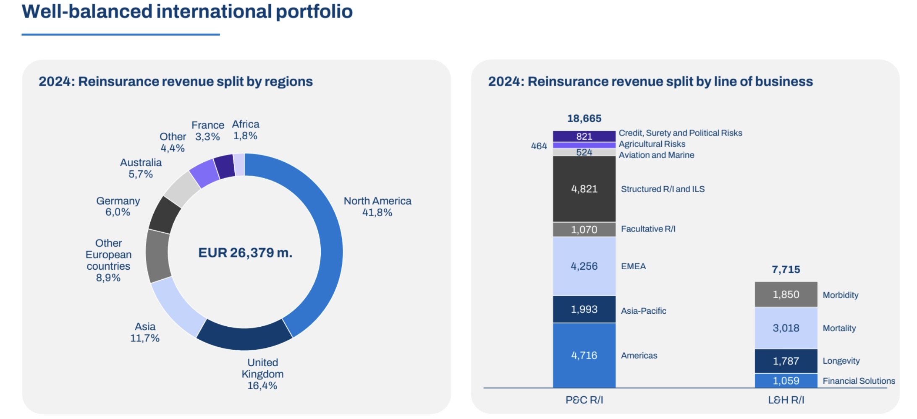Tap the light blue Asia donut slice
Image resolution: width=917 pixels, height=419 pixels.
176,308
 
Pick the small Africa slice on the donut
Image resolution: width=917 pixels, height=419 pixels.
239,164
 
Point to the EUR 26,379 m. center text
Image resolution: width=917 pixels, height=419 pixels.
245,252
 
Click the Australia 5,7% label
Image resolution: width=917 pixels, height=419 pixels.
141,168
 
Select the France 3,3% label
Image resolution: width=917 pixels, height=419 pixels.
208,131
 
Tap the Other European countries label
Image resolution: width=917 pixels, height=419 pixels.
108,260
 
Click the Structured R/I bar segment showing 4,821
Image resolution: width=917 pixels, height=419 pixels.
584,189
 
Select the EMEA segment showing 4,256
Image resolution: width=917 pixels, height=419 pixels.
584,266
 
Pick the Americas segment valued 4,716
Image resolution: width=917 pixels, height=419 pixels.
584,355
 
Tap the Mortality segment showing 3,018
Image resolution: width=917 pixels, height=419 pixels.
786,328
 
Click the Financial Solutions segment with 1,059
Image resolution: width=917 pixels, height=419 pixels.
786,380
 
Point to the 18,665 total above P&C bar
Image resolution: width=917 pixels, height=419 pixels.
584,118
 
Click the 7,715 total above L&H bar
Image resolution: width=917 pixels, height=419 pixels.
786,269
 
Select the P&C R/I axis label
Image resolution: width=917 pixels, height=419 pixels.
584,400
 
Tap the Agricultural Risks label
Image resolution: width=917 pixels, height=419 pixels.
652,144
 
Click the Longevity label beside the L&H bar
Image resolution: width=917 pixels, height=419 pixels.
841,361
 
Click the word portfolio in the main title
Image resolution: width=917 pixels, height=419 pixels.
314,11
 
